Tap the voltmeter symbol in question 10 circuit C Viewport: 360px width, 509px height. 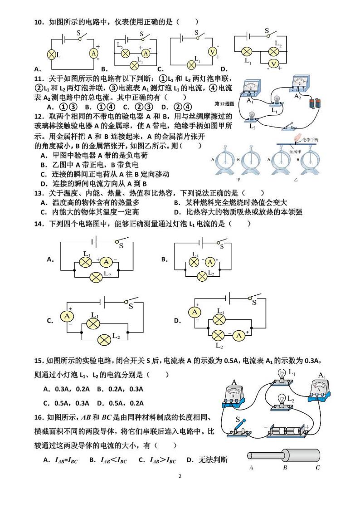pyautogui.click(x=212, y=52)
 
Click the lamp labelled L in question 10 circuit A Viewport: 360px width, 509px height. pyautogui.click(x=51, y=55)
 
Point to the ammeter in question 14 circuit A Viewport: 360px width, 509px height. pyautogui.click(x=106, y=262)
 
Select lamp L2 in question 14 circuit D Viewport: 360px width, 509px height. pyautogui.click(x=219, y=335)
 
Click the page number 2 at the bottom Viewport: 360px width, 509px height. pyautogui.click(x=180, y=476)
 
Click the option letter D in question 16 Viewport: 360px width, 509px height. pyautogui.click(x=190, y=460)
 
